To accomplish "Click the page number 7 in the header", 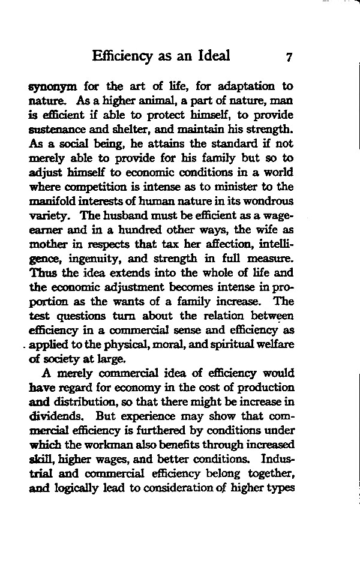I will click(289, 57).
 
